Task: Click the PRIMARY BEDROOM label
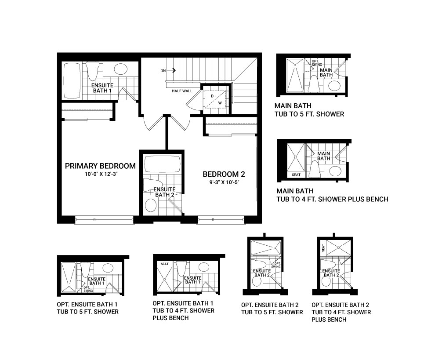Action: tap(100, 166)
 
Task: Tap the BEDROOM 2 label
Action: tap(224, 175)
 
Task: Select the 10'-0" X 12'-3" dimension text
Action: tap(100, 175)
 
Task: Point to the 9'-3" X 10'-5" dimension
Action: tap(224, 182)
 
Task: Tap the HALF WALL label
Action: tap(182, 91)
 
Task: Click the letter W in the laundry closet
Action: tap(220, 103)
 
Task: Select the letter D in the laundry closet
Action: tap(212, 96)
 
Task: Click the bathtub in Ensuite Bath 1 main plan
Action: tap(72, 80)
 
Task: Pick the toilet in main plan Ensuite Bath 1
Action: tap(92, 71)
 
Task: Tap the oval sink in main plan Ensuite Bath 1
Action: tap(121, 69)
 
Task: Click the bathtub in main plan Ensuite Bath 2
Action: tap(163, 164)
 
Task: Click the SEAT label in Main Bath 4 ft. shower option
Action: tap(296, 175)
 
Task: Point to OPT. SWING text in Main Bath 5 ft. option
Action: tap(317, 63)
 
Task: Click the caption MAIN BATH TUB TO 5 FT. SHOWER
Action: tap(309, 110)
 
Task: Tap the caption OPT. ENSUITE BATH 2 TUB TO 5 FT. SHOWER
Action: tap(272, 309)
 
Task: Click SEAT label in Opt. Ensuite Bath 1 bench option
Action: tap(164, 264)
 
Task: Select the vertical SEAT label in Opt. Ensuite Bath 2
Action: tap(323, 248)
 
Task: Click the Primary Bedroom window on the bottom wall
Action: tap(104, 220)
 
